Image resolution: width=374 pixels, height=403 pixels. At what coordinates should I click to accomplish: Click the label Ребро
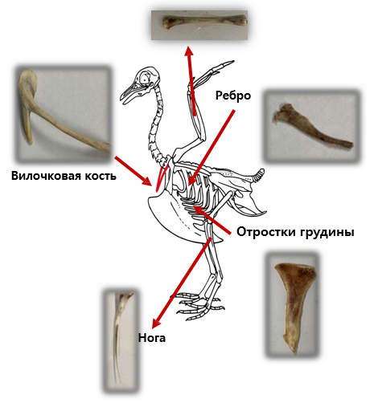point(233,96)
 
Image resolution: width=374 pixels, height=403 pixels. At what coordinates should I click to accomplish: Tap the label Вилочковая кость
point(64,176)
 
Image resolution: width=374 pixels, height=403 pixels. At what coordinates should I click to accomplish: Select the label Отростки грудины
point(295,232)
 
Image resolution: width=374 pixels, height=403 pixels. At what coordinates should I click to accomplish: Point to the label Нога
point(152,338)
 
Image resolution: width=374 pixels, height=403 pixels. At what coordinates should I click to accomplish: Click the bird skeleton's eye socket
point(145,79)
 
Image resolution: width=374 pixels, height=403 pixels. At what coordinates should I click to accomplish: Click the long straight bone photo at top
point(199,26)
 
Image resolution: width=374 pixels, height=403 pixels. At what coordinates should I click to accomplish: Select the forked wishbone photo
point(64,114)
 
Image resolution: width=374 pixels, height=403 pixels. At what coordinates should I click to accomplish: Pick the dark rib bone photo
point(311,126)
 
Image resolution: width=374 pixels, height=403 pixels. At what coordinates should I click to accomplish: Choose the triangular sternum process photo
point(293,305)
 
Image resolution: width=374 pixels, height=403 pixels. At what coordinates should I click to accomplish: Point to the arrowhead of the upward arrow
point(189,51)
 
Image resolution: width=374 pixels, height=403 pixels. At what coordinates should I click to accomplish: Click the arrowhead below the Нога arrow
point(156,324)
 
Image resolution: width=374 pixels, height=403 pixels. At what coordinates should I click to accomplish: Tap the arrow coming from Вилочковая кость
point(133,171)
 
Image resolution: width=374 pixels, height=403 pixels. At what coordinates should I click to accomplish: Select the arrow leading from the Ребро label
point(212,148)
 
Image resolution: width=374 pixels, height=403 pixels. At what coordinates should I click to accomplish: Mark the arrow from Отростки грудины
point(212,220)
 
